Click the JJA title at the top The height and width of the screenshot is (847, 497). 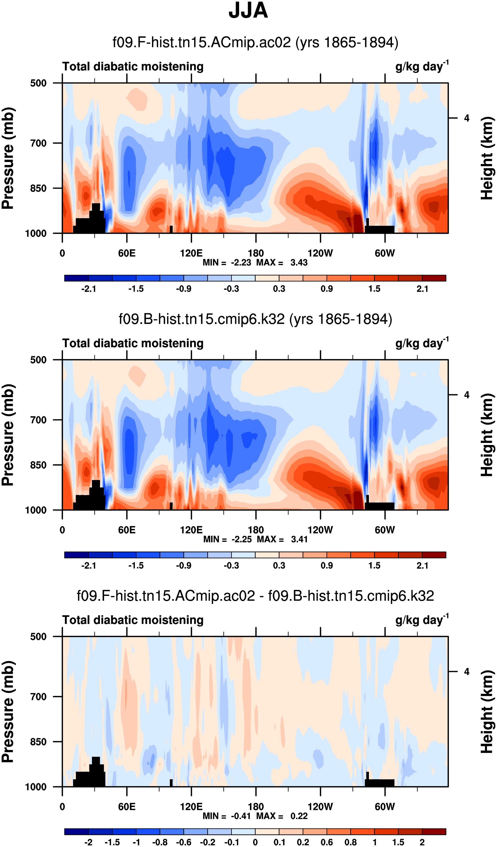coord(248,11)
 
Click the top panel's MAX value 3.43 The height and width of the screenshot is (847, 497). coord(299,262)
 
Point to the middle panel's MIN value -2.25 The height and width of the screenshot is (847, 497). coord(241,540)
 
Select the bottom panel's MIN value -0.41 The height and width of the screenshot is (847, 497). coord(241,816)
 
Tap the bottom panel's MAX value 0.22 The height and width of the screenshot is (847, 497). coord(299,816)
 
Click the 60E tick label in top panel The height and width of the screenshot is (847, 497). coord(127,253)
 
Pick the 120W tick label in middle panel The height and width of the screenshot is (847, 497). coord(320,530)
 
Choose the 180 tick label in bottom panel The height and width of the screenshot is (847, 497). coord(256,807)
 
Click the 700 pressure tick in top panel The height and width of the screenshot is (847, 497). coord(38,143)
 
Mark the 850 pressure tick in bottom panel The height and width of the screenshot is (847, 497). coord(38,742)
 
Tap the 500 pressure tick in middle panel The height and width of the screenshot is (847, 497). coord(38,360)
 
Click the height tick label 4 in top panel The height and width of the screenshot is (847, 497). coord(467,118)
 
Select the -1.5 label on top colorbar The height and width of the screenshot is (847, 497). coord(136,289)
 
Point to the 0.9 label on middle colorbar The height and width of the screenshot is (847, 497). coord(326,566)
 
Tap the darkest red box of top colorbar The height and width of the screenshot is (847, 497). coord(434,278)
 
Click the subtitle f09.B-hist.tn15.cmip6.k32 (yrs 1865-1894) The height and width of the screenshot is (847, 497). coord(255,319)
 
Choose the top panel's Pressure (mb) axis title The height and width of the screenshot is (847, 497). coord(8,158)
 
